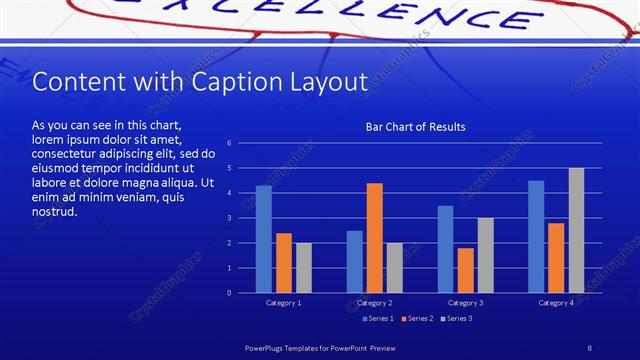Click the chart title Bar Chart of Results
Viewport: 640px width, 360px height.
tap(415, 127)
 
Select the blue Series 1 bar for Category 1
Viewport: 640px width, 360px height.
tap(264, 239)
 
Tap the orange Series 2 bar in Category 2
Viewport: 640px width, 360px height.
tap(375, 238)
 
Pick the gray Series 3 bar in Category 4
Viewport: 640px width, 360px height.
tap(576, 230)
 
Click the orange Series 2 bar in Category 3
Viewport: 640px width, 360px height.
tap(466, 270)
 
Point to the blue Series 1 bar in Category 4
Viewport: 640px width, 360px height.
tap(536, 236)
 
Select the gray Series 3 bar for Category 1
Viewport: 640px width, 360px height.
tap(304, 267)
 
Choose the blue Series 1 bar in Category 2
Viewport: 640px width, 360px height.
tap(355, 261)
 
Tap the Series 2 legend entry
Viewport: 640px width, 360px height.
tap(418, 318)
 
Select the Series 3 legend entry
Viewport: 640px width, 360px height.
tap(457, 318)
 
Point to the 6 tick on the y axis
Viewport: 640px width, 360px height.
tap(229, 143)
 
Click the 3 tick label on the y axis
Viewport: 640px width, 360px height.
tap(229, 218)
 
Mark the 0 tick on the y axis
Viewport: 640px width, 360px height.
tap(229, 293)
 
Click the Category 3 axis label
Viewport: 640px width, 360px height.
tap(465, 302)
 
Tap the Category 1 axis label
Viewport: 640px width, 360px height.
tap(284, 302)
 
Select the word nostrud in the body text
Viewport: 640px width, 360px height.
tap(54, 212)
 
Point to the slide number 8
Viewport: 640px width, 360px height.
tap(590, 347)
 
